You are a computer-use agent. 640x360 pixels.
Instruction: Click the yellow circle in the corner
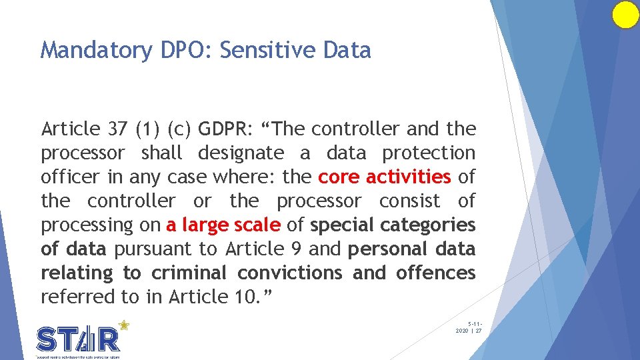click(625, 15)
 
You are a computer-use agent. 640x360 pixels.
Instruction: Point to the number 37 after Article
click(113, 129)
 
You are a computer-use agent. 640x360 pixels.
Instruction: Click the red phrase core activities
click(385, 177)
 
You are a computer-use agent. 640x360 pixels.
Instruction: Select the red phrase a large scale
click(223, 225)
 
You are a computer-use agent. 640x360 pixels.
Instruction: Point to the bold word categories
click(430, 225)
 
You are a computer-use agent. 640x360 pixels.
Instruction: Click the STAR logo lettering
click(79, 339)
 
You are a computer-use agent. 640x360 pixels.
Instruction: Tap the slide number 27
click(478, 331)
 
